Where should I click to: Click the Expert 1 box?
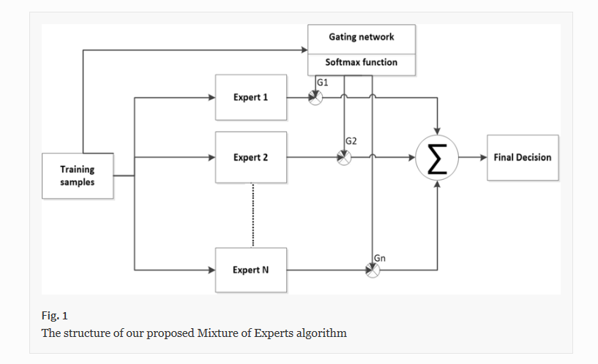click(250, 97)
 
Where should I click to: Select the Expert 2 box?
click(250, 157)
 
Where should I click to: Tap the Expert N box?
click(250, 270)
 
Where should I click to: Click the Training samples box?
click(78, 175)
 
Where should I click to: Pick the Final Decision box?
click(523, 157)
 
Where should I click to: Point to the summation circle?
click(437, 158)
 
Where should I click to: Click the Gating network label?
click(362, 37)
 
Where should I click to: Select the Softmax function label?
click(362, 63)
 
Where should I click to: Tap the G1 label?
click(322, 83)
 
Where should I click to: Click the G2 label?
click(351, 140)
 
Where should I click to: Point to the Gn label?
click(379, 258)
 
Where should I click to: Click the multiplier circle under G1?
click(315, 97)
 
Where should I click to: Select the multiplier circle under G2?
click(344, 157)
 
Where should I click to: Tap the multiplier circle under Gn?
click(373, 270)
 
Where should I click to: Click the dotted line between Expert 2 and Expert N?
click(251, 215)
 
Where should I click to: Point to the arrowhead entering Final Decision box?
click(483, 157)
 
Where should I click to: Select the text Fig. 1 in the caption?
click(54, 316)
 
